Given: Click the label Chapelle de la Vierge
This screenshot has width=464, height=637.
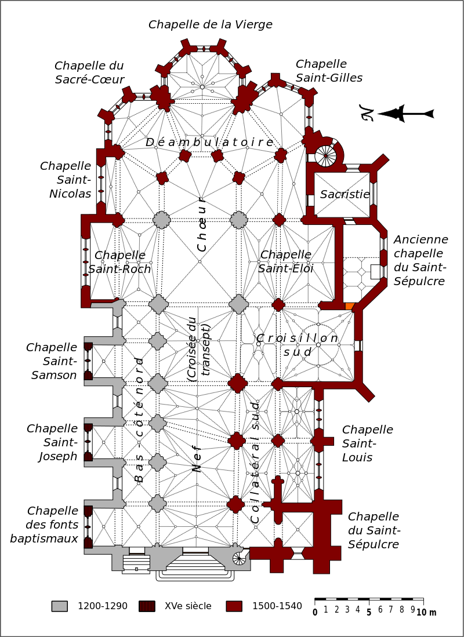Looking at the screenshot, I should (x=211, y=24).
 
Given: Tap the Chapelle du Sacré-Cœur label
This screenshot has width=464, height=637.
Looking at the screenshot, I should (x=89, y=72).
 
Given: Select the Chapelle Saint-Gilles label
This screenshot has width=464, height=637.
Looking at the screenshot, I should (x=329, y=71).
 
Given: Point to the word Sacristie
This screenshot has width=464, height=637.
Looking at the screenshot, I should (x=345, y=194).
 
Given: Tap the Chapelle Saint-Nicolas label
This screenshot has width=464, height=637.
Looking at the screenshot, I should (x=66, y=180).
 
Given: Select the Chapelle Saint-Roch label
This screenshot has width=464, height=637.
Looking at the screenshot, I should (x=121, y=262).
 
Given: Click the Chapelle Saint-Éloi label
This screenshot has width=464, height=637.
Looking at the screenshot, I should (x=286, y=261).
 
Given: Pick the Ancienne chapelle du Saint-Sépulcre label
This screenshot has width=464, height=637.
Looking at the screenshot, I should (x=420, y=260).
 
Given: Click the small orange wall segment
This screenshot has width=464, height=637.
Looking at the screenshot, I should (x=349, y=306).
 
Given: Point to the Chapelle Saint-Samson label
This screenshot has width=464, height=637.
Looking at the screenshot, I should (x=52, y=361).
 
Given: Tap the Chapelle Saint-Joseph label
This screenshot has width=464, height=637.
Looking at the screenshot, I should (x=52, y=442).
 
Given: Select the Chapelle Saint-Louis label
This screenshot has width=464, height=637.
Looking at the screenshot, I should (x=367, y=443).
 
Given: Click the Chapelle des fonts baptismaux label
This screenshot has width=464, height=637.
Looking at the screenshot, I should (x=45, y=525).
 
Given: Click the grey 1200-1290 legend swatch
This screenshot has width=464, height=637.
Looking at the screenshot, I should (x=60, y=606).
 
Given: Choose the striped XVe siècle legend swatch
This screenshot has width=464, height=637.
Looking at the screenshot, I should (x=147, y=606).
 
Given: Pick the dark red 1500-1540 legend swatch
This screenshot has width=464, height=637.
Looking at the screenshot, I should (x=234, y=606).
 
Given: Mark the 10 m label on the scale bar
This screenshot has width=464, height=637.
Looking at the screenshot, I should (x=426, y=613).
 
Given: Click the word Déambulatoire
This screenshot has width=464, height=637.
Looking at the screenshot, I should (x=209, y=142).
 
